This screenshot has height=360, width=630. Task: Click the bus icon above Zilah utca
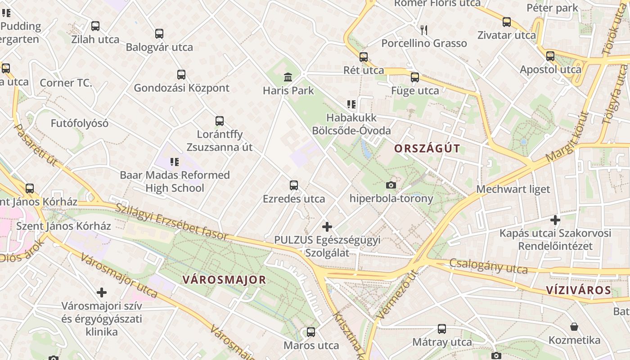coord(95,26)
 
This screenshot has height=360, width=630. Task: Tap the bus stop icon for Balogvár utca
coord(159,34)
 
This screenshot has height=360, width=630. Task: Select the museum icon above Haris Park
coord(288,77)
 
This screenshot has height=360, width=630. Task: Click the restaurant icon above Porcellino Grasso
coord(423,30)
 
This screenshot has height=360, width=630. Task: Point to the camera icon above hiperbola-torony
coord(391,185)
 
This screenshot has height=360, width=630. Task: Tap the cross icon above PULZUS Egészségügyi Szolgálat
coord(327,226)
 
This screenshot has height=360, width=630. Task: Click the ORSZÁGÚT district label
coord(427,148)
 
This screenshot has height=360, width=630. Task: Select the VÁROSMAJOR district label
coord(224,279)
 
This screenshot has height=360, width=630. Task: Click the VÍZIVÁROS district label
coord(579,290)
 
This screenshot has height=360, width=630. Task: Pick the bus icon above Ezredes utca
coord(294,185)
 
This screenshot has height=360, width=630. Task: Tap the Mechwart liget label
coord(513,189)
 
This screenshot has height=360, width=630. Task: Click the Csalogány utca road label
coord(488,266)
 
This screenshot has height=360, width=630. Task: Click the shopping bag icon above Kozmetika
coord(574,327)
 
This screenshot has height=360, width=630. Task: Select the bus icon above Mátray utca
coord(442,329)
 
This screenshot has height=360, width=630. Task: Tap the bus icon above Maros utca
coord(311,332)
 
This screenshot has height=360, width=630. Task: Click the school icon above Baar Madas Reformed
coord(175,162)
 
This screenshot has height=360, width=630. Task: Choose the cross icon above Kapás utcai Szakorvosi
coord(555,220)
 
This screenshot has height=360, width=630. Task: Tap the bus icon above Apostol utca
coord(550,56)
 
